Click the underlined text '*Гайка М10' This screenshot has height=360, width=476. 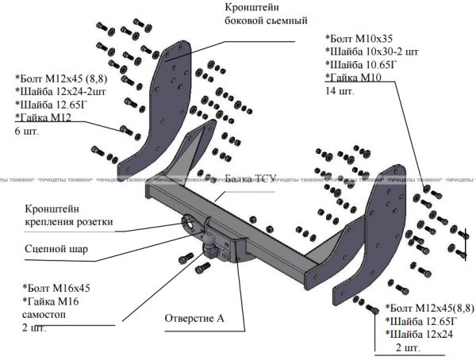click(x=354, y=78)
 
